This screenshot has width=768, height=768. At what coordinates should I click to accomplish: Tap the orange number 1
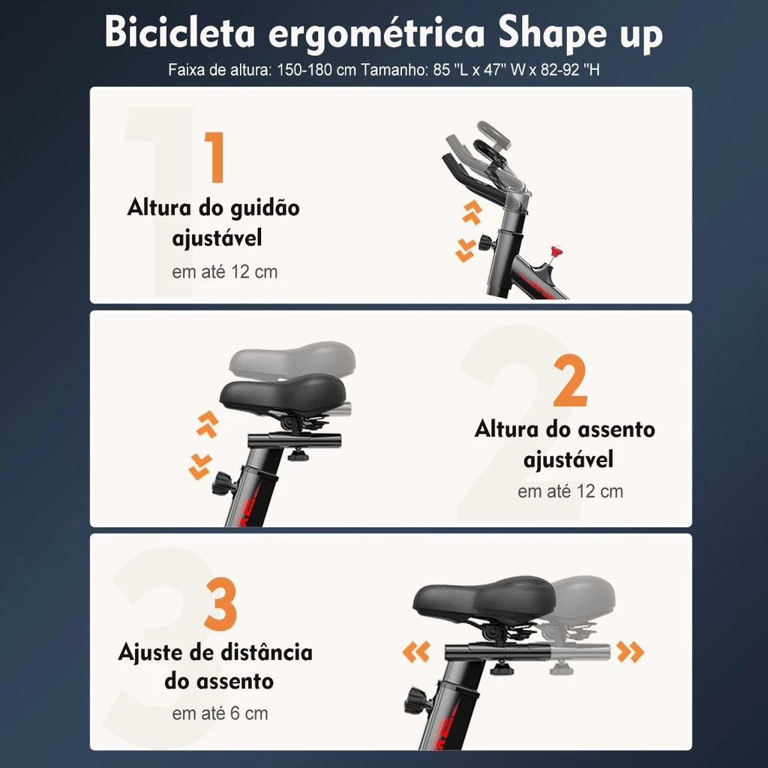215,158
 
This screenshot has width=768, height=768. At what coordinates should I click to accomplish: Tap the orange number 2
570,382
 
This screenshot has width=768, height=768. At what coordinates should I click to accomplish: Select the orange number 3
220,605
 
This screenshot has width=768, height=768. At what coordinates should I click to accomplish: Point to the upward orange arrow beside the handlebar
471,212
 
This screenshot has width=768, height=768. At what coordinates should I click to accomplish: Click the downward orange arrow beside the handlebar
466,250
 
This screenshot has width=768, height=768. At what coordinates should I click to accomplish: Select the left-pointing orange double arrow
416,652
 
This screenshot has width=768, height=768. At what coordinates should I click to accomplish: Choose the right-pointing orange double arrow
630,652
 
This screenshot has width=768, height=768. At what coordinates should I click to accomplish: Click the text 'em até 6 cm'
220,713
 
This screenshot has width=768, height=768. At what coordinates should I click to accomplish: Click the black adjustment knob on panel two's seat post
223,484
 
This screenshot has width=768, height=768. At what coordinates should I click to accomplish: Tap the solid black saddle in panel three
484,600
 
